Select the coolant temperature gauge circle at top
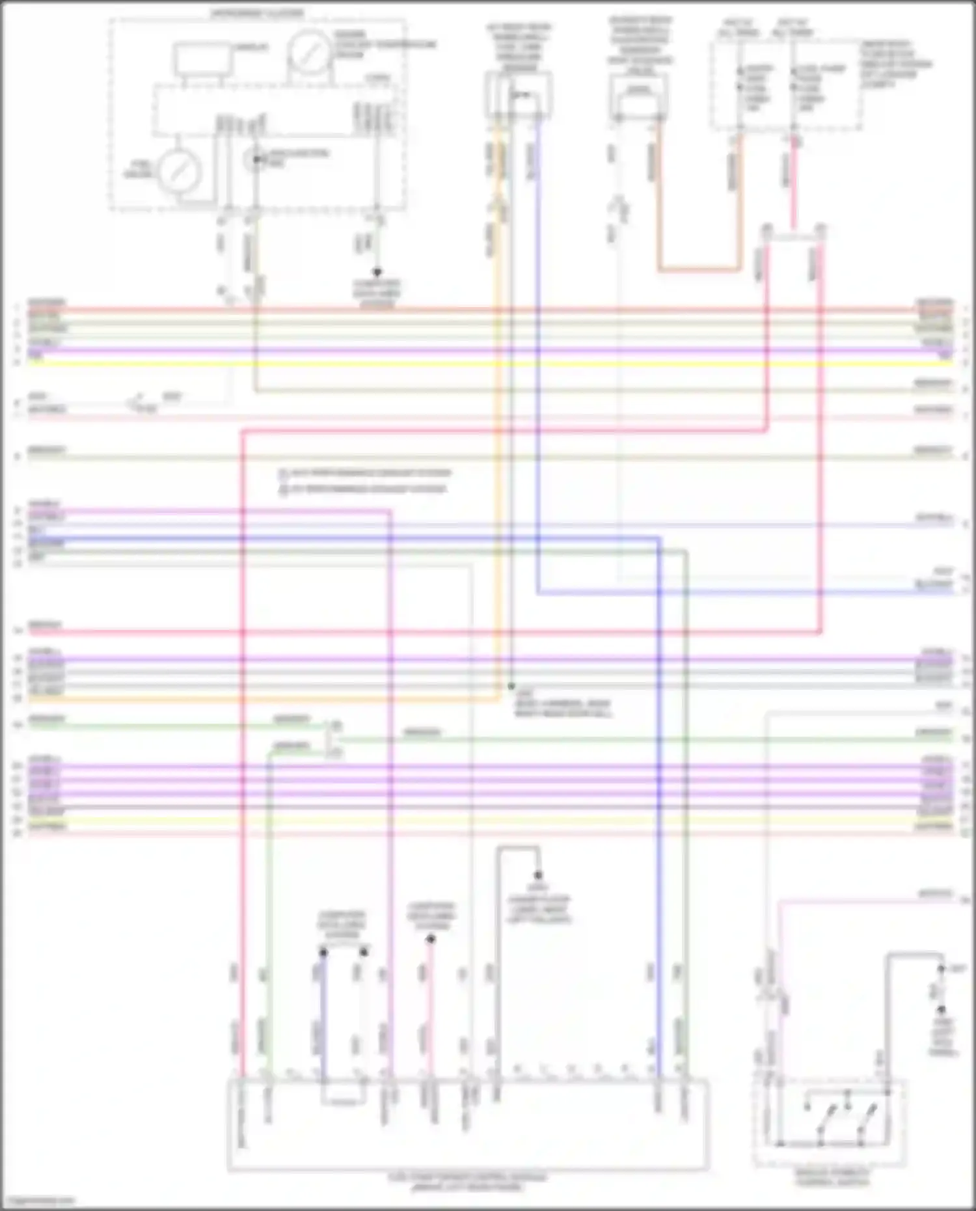pos(310,51)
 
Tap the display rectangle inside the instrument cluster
pos(202,59)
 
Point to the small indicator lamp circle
pos(256,158)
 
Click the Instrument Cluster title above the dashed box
pos(256,13)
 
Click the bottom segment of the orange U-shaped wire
pos(699,269)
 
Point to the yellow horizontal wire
pos(488,362)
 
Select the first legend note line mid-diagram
pos(365,473)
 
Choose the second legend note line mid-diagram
pos(365,489)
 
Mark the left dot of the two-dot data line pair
pos(323,952)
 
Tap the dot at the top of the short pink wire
pos(430,939)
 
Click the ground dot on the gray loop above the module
pos(538,875)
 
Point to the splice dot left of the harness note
pos(511,687)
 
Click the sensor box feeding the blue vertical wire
pos(519,95)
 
